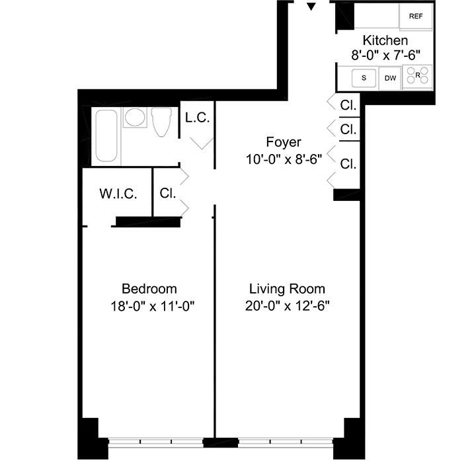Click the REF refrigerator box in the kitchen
(x=416, y=17)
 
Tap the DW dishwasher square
(x=391, y=78)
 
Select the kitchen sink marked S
(x=363, y=78)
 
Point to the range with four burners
(x=417, y=77)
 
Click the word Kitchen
(x=385, y=41)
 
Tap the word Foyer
(x=284, y=142)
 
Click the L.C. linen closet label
(x=197, y=118)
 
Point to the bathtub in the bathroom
(x=106, y=136)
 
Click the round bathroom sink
(x=136, y=118)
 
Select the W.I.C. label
(x=118, y=194)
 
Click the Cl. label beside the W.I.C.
(x=167, y=194)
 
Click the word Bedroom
(x=149, y=289)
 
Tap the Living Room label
(x=287, y=289)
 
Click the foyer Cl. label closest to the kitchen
(x=348, y=105)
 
